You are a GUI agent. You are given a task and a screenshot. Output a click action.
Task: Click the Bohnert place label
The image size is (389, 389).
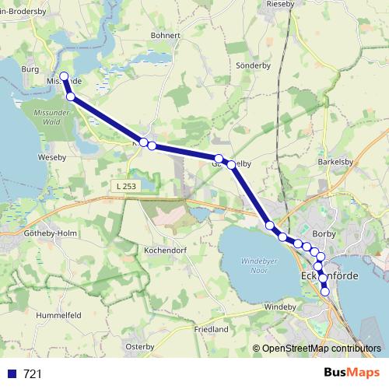pyautogui.click(x=166, y=35)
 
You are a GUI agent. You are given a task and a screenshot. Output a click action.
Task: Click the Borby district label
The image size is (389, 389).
pyautogui.click(x=323, y=233)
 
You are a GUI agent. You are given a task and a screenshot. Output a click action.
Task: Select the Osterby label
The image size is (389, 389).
pyautogui.click(x=141, y=346)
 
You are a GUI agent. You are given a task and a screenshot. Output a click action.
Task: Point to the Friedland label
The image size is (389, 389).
pyautogui.click(x=212, y=329)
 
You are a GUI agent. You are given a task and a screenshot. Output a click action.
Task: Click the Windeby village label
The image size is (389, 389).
pyautogui.click(x=281, y=307)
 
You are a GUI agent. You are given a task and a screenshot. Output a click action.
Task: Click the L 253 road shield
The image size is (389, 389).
pyautogui.click(x=124, y=186)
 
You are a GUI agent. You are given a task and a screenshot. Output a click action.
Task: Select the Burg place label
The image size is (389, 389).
pyautogui.click(x=30, y=69)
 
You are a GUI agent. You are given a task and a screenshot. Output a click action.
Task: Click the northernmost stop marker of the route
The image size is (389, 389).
pyautogui.click(x=65, y=77)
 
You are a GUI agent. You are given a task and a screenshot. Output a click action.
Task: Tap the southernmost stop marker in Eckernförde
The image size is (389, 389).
pyautogui.click(x=326, y=292)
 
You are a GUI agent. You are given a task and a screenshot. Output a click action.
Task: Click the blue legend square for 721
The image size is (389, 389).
pyautogui.click(x=12, y=374)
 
